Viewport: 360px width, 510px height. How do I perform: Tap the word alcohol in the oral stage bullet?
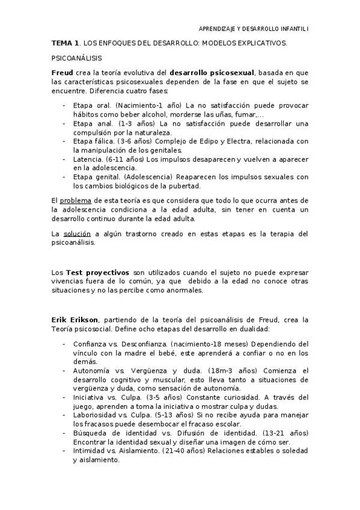pos(152,114)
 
